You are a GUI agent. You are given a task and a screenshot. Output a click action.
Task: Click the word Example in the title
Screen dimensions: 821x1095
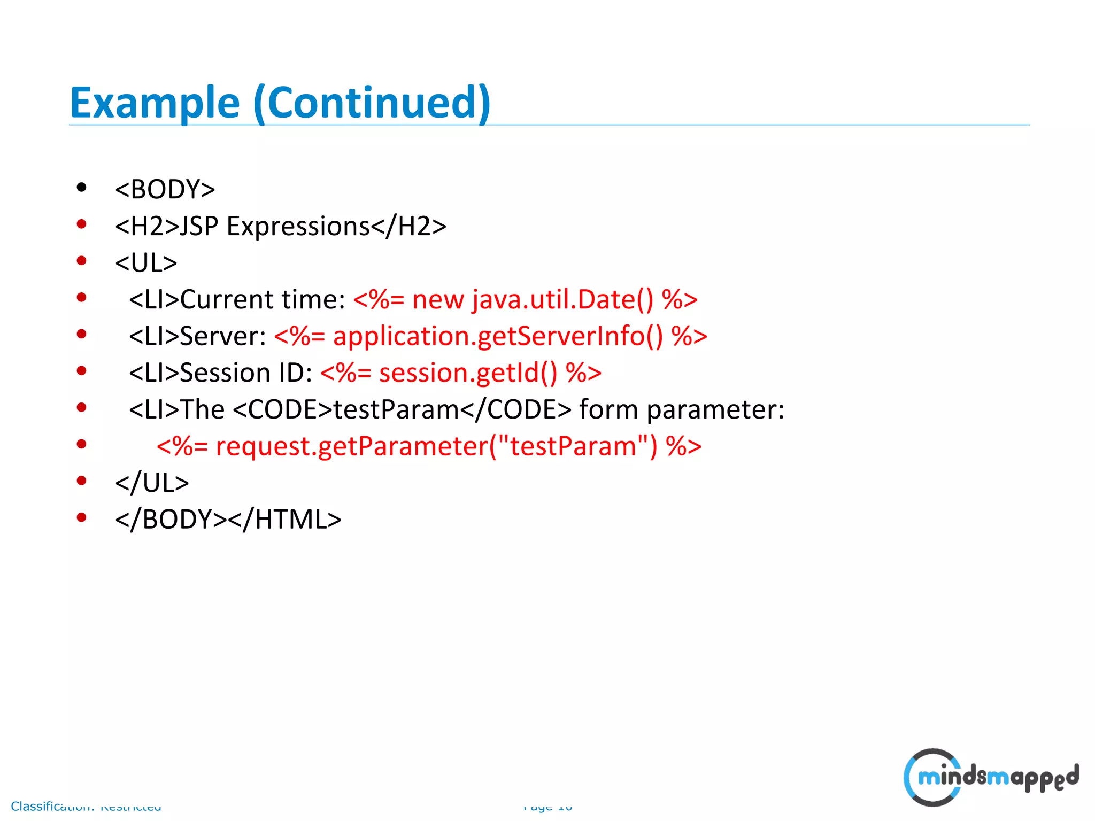(x=155, y=103)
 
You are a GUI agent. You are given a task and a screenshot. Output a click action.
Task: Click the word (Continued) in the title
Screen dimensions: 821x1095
(x=372, y=103)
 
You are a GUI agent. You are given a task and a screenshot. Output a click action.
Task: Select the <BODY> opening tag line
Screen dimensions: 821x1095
(x=165, y=189)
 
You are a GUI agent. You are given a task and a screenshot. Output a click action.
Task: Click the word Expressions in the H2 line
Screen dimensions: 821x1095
(x=298, y=226)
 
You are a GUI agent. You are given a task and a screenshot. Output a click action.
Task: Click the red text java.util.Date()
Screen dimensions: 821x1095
(x=562, y=299)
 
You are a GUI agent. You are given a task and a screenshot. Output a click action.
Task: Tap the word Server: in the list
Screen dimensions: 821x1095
(x=223, y=336)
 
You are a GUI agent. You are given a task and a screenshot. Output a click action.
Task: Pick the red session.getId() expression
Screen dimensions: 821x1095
(x=468, y=373)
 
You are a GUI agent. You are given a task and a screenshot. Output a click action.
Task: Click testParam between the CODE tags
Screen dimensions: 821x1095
(x=396, y=409)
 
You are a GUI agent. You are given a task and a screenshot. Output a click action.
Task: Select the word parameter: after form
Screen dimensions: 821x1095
(x=715, y=409)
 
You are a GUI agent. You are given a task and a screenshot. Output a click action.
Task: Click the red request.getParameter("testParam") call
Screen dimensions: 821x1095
(x=436, y=446)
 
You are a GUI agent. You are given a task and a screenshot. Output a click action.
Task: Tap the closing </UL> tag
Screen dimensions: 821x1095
(x=152, y=483)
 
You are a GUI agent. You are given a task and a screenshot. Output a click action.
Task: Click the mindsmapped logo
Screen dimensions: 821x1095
(x=991, y=777)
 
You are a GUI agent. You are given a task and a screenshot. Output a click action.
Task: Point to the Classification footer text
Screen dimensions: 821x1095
(x=86, y=806)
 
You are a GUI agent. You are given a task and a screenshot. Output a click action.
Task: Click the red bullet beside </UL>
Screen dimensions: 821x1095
(x=81, y=481)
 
